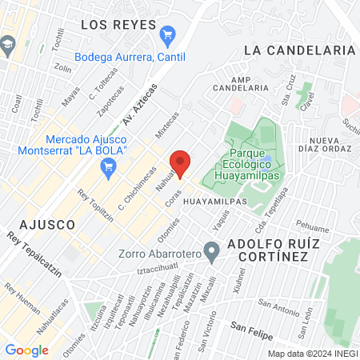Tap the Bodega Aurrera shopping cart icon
coord(167,34)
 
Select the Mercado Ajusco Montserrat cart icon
coord(110,166)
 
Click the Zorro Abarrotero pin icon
coord(212,254)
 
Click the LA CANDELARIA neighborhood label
coord(299,50)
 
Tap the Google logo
coord(26,350)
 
